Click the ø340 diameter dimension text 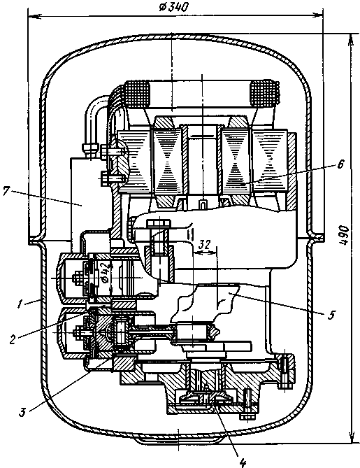173,6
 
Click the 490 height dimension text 344,236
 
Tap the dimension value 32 204,245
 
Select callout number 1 20,304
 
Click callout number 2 12,339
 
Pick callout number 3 22,412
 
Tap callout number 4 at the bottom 243,462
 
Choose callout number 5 331,315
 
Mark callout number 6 340,164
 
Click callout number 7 6,191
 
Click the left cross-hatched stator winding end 136,94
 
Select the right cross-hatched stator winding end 264,94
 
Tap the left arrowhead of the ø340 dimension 34,16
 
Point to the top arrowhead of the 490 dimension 351,38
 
